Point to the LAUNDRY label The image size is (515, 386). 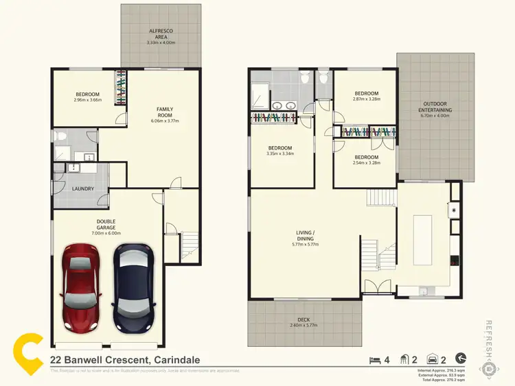(82, 189)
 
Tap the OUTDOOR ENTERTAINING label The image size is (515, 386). (436, 107)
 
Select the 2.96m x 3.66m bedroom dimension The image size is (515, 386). (87, 100)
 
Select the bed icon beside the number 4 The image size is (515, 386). (374, 359)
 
